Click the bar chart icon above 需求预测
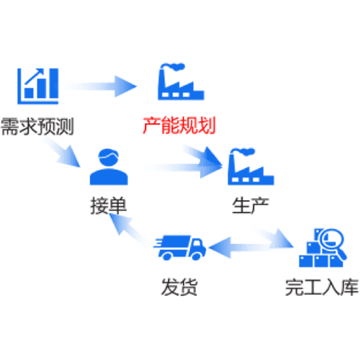coord(38,86)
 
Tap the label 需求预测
coord(37,127)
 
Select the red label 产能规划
coord(179,125)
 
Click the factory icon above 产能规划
coord(181,81)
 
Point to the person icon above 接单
coord(109,167)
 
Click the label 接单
coord(109,205)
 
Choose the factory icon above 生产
coord(251,166)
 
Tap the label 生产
coord(251,205)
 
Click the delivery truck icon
coord(179,248)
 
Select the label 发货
coord(179,287)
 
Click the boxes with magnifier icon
coord(323,248)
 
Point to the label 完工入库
coord(322,287)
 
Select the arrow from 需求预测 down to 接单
coord(62,152)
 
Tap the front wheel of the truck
coord(196,256)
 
